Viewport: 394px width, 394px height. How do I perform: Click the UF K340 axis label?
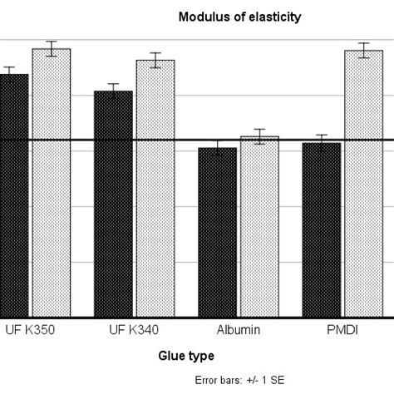[x=134, y=331]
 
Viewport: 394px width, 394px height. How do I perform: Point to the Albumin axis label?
[x=238, y=331]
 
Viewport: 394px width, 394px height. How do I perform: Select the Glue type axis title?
[x=186, y=356]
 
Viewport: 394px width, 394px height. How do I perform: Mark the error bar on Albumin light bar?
[x=259, y=137]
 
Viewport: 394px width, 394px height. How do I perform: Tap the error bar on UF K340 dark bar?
[x=113, y=91]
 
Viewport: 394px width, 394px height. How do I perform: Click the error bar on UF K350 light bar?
[x=52, y=48]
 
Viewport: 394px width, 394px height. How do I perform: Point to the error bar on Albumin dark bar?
[x=217, y=148]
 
